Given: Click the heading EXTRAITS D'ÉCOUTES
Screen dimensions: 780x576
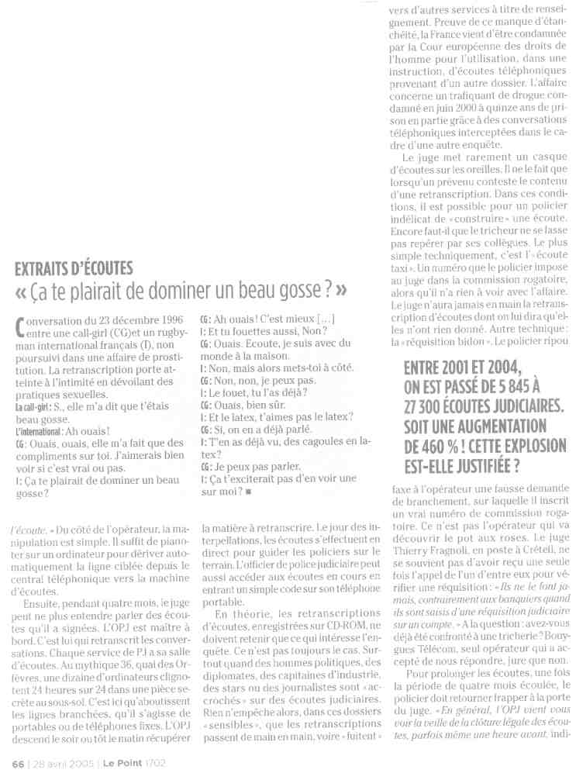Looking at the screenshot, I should (74, 269).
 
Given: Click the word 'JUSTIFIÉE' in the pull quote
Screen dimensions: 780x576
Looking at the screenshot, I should (481, 467).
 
